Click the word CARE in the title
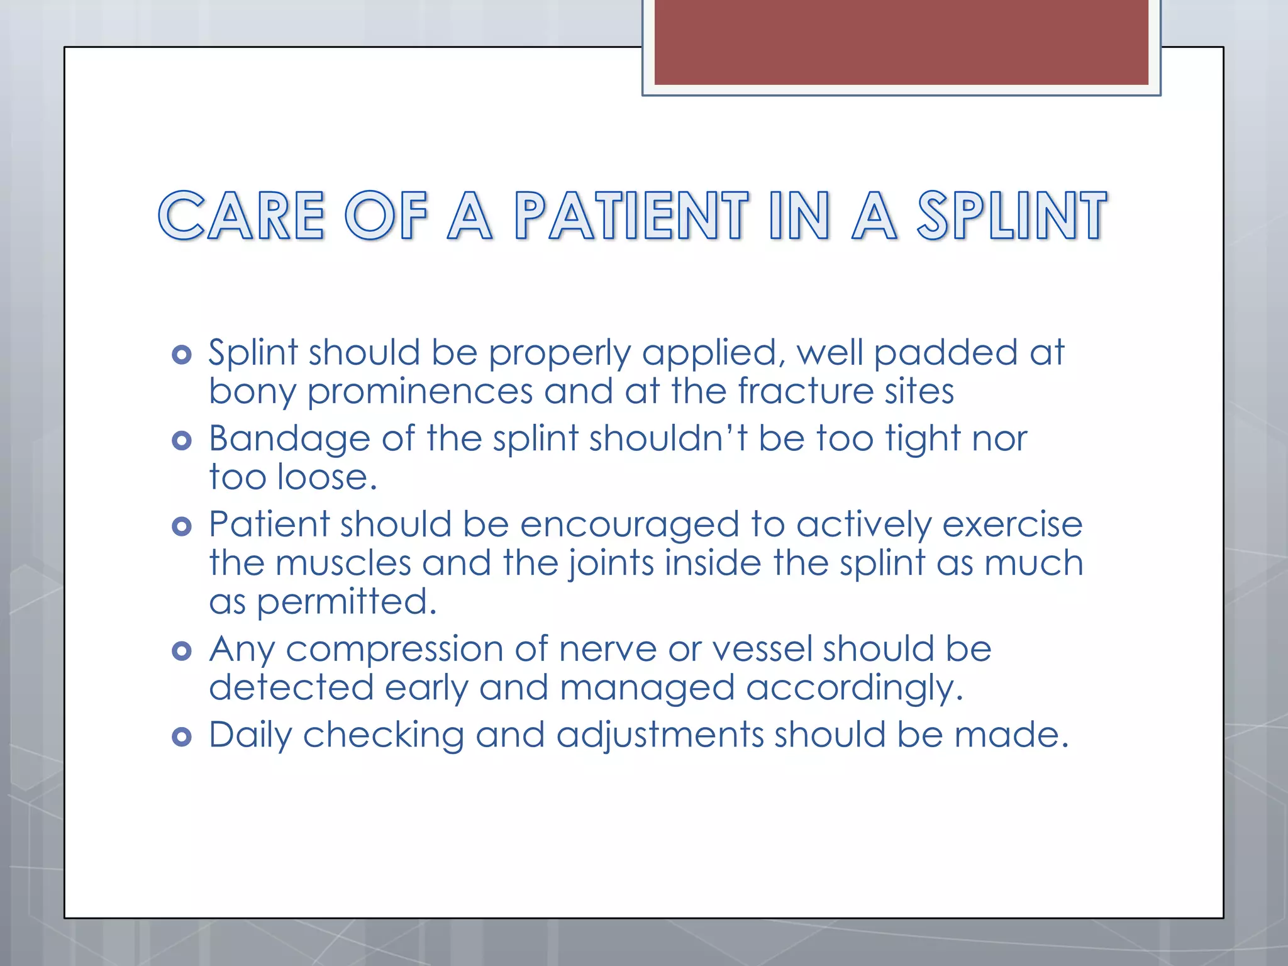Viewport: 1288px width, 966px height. (241, 216)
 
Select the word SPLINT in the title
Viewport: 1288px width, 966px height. (1011, 216)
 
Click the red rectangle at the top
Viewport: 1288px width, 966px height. (901, 42)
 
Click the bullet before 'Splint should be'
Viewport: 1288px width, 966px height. (181, 355)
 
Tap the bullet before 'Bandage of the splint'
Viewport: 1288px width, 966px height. (181, 440)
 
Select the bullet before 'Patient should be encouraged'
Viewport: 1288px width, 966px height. (181, 526)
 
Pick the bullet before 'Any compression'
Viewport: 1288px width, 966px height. (181, 651)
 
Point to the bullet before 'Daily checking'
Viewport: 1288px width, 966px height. (181, 736)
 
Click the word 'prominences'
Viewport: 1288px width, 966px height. (419, 392)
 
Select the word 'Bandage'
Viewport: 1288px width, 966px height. (289, 439)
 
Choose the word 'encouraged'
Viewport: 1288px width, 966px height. (630, 525)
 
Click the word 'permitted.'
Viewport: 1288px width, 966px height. (347, 602)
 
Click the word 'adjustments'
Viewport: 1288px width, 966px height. (660, 736)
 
